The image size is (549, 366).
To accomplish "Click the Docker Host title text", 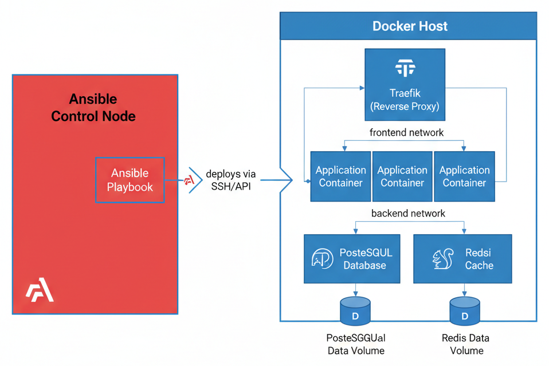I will (410, 26).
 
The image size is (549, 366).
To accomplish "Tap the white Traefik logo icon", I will (405, 69).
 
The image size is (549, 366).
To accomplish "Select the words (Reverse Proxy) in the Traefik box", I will (405, 106).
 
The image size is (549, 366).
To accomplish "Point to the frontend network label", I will (406, 132).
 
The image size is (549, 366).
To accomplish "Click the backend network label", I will (408, 213).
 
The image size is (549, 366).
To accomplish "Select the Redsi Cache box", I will (462, 259).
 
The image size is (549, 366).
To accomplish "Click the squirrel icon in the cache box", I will (443, 259).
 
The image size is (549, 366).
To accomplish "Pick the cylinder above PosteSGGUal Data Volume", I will (355, 310).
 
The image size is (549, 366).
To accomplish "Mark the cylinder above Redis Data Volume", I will (465, 310).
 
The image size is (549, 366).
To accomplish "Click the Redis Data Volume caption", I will (465, 344).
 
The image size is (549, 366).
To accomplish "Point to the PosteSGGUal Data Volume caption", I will (355, 344).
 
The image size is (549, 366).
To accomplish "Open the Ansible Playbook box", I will (130, 180).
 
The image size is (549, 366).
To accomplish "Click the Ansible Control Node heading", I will (93, 108).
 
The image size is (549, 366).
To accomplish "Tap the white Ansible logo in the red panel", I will (40, 292).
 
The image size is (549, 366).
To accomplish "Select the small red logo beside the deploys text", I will (189, 180).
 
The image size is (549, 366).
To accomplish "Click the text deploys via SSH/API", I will (231, 180).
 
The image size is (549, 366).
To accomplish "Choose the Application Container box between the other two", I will (402, 176).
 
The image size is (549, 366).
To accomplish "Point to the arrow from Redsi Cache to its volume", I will (465, 290).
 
